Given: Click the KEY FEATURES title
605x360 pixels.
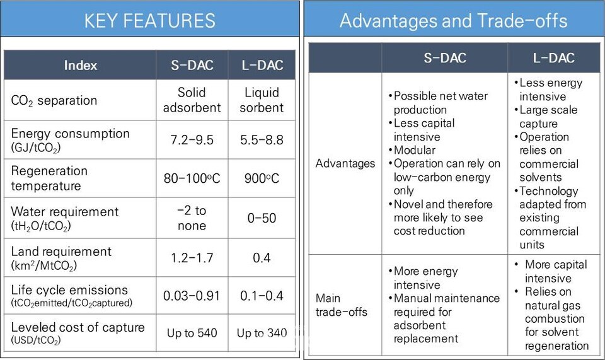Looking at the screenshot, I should pyautogui.click(x=150, y=20).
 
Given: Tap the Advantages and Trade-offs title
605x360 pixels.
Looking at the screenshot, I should pyautogui.click(x=453, y=20).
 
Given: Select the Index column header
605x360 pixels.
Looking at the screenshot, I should pyautogui.click(x=80, y=65).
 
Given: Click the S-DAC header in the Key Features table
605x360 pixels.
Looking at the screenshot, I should pyautogui.click(x=192, y=65).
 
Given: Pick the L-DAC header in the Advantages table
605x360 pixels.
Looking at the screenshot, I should pyautogui.click(x=553, y=58).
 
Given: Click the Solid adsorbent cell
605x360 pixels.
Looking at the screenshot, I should pyautogui.click(x=192, y=100).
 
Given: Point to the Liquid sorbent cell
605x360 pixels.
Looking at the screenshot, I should pyautogui.click(x=262, y=100).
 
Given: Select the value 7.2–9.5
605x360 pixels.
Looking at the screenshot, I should pyautogui.click(x=192, y=139).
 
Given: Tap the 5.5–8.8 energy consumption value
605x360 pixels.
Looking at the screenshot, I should pyautogui.click(x=262, y=139).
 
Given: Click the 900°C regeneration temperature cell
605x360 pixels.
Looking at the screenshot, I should pyautogui.click(x=262, y=178).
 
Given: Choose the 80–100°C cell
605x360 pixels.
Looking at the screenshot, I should pyautogui.click(x=192, y=178).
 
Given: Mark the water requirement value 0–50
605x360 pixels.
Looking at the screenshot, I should pyautogui.click(x=262, y=218).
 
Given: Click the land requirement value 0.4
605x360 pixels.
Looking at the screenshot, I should pyautogui.click(x=262, y=257).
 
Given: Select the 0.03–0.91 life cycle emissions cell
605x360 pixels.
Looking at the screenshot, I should pyautogui.click(x=192, y=296).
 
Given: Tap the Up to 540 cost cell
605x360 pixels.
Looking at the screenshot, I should pyautogui.click(x=192, y=333).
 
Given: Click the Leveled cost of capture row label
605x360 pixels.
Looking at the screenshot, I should pyautogui.click(x=78, y=327).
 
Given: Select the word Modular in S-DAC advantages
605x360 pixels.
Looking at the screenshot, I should pyautogui.click(x=415, y=150).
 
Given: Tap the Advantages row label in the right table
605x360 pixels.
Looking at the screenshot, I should pyautogui.click(x=345, y=163).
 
